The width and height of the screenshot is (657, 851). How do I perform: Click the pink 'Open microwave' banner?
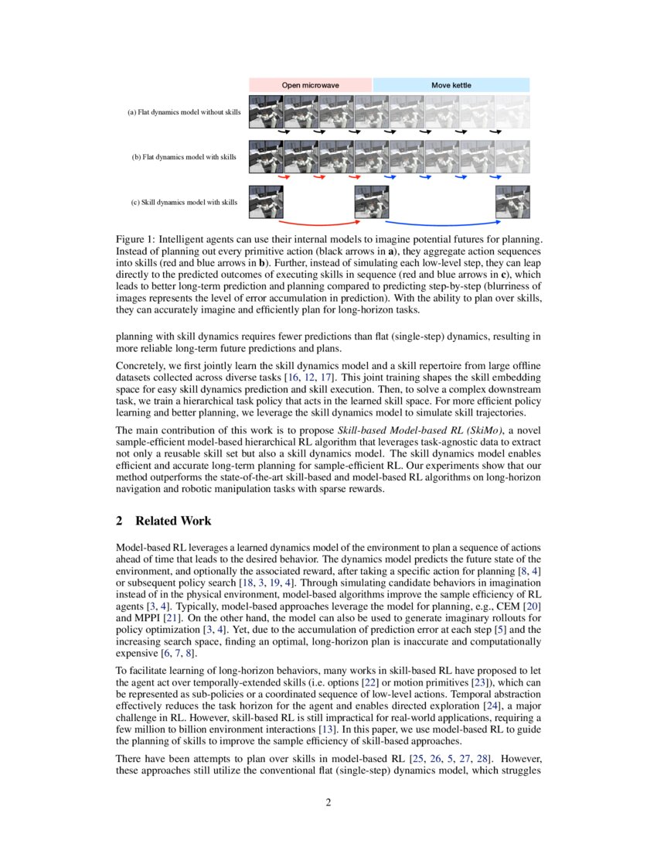point(311,85)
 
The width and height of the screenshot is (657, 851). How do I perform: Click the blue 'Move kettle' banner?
point(451,85)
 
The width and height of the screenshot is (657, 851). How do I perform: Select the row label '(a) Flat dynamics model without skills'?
point(184,113)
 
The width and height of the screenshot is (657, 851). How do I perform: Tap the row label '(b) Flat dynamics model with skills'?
point(184,158)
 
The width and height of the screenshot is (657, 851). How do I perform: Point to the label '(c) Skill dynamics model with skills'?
point(184,203)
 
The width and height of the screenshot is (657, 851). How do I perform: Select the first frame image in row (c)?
point(266,202)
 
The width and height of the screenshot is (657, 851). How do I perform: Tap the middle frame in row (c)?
point(371,202)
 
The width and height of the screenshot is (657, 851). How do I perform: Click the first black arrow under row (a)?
point(284,132)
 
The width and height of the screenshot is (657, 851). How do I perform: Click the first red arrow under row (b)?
point(284,177)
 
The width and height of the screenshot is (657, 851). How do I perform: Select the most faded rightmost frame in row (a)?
point(512,111)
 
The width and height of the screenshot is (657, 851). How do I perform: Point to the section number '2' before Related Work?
point(120,521)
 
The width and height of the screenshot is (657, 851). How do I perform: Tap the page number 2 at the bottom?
point(328,802)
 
